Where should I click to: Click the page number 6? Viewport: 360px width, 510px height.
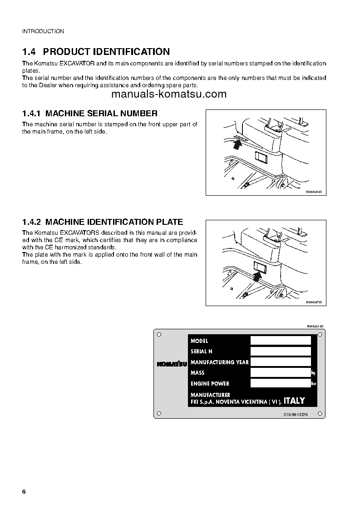(x=24, y=493)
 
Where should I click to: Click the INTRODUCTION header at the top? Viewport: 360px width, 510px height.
(x=43, y=31)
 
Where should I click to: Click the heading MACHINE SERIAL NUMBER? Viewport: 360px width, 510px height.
(x=102, y=114)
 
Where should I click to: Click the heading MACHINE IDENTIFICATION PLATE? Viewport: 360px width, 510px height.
(x=114, y=222)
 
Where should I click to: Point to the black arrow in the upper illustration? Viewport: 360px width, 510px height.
(x=236, y=144)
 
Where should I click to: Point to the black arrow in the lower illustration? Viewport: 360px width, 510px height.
(x=257, y=275)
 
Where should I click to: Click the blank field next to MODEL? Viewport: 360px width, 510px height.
(x=281, y=341)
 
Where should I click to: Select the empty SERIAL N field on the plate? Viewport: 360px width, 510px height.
(x=281, y=351)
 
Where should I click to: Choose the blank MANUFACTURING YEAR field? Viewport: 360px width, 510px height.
(x=281, y=362)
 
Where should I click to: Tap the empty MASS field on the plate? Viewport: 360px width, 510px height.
(x=281, y=372)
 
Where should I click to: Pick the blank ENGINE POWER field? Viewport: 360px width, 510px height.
(x=281, y=383)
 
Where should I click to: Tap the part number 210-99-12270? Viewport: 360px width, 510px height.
(x=296, y=415)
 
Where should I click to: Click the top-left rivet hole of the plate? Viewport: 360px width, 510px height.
(x=158, y=334)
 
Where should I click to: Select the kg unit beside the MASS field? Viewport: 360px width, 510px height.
(x=313, y=373)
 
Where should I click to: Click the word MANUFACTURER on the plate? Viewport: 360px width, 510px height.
(x=210, y=395)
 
